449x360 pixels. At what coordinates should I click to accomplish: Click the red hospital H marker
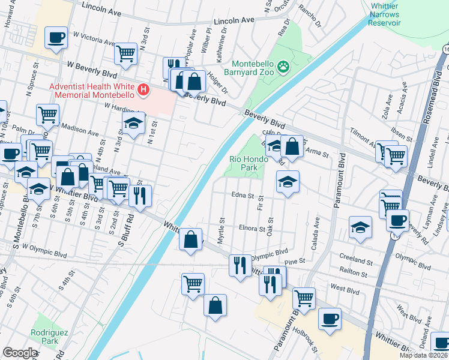tap(143, 90)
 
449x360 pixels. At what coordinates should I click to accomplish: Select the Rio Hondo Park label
tap(244, 163)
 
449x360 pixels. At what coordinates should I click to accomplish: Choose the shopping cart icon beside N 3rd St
tap(126, 53)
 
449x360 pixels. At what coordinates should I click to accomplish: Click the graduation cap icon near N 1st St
tap(134, 124)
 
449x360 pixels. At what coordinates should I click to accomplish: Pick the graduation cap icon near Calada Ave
tap(360, 227)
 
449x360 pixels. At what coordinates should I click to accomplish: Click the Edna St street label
tap(243, 195)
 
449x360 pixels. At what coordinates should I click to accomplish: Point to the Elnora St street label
tap(252, 229)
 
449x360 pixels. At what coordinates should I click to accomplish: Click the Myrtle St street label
tap(222, 230)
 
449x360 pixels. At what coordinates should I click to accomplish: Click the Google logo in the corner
tap(20, 353)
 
